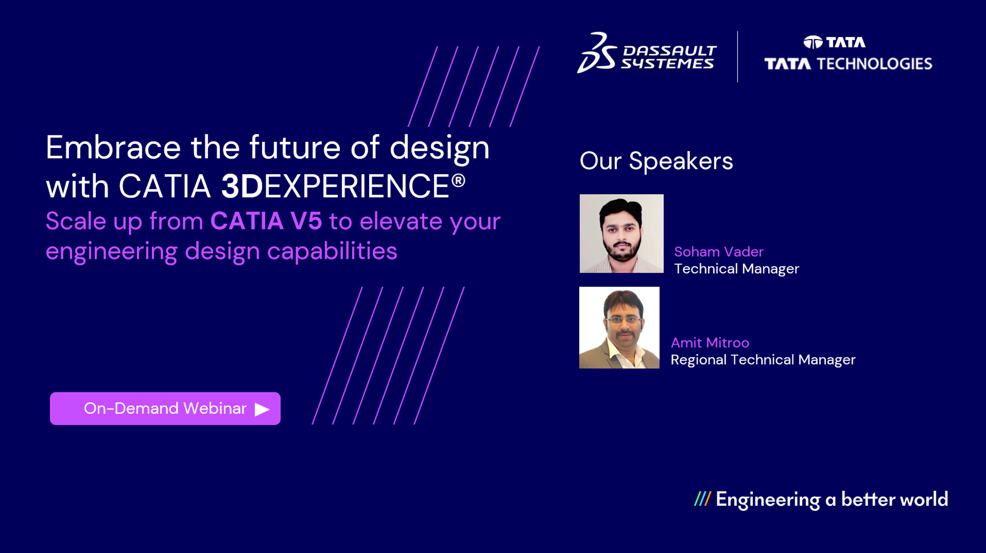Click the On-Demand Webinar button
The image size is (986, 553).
tap(165, 408)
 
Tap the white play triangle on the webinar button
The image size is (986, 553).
tap(262, 409)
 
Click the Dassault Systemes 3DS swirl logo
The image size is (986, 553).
tap(597, 53)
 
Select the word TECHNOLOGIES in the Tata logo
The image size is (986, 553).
tap(874, 64)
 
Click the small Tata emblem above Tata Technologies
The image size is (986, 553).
tap(813, 42)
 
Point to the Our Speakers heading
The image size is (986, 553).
tap(656, 161)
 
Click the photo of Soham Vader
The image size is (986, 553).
tap(621, 233)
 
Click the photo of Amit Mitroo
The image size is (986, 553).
tap(619, 327)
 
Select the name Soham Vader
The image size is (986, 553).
tap(718, 252)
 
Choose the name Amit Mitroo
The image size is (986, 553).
tap(709, 343)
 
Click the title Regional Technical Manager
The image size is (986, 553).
tap(763, 360)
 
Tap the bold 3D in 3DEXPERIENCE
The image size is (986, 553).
tap(242, 187)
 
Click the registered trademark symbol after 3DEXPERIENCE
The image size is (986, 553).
tap(458, 181)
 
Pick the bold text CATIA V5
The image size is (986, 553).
tap(266, 221)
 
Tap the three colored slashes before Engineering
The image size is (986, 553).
tap(702, 499)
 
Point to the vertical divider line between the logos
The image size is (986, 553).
tap(738, 57)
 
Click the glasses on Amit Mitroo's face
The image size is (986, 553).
tap(623, 320)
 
